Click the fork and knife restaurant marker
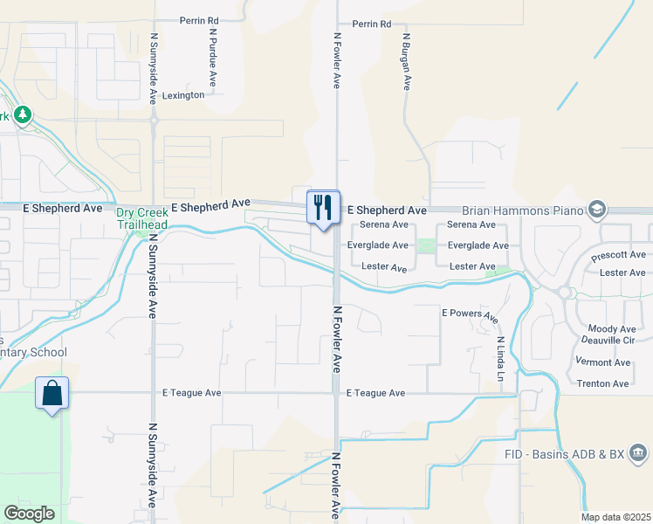(323, 208)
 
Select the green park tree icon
(22, 114)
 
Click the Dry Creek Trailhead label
(142, 217)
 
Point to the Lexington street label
(182, 95)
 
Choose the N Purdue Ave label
(213, 59)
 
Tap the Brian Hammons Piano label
(522, 210)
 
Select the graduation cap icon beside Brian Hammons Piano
(597, 209)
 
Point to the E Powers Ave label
(470, 313)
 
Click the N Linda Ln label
(500, 357)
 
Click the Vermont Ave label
(602, 362)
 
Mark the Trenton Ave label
(602, 384)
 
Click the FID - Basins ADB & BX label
(564, 454)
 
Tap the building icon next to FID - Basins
(638, 453)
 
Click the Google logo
(30, 514)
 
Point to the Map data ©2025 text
(615, 517)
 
